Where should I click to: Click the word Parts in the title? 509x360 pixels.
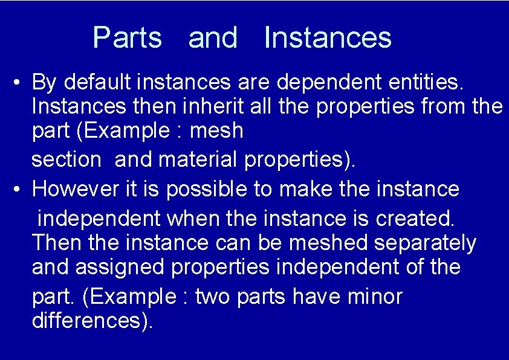[x=128, y=37]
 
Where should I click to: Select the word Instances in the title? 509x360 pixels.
[x=328, y=37]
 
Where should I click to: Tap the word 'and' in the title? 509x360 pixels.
[x=213, y=37]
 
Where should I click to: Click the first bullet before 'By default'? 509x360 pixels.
[x=19, y=82]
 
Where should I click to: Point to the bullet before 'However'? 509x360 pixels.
[x=19, y=190]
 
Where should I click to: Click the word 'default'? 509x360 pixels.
[x=97, y=81]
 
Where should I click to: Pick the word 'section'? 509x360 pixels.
[x=66, y=160]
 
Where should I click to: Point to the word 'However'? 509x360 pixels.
[x=73, y=189]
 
